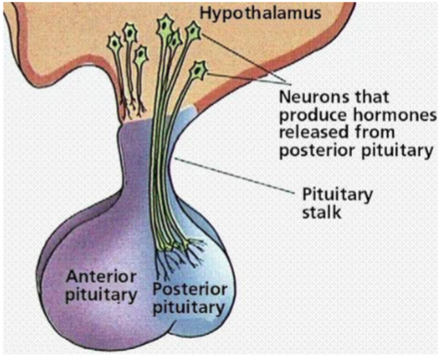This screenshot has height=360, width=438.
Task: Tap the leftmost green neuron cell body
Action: (115, 42)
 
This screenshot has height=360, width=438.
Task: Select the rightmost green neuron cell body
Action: (198, 68)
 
